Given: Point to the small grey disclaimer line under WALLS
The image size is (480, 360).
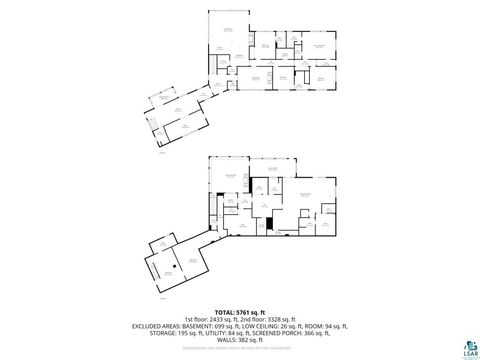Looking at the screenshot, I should [240, 350].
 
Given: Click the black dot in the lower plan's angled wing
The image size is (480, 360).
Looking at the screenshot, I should [155, 262].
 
